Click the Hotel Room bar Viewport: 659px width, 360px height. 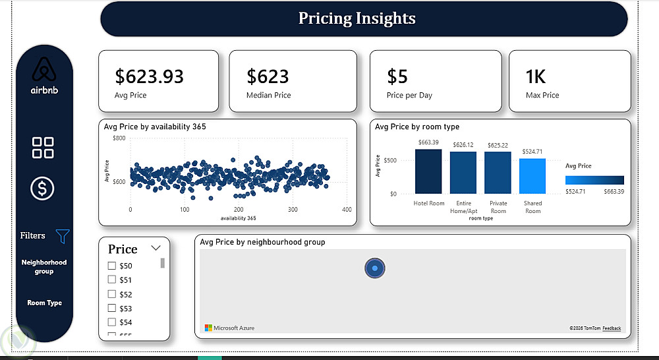pos(428,171)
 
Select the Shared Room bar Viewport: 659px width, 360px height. pos(532,176)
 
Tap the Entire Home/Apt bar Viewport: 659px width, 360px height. pos(463,173)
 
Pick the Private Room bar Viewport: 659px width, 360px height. pos(498,173)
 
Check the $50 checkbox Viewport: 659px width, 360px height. pos(111,266)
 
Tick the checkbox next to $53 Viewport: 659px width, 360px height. pos(111,308)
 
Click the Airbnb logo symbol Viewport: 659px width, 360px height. pos(44,70)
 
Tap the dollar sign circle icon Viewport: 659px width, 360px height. pos(43,189)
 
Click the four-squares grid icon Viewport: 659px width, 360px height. pos(43,148)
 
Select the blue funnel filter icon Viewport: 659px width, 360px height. pos(63,235)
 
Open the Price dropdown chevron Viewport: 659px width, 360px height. pos(156,248)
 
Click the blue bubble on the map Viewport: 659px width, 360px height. pos(374,268)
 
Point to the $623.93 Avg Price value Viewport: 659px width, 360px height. pos(149,77)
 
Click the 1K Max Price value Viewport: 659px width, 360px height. pos(535,77)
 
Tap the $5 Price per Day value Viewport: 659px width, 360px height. pos(397,77)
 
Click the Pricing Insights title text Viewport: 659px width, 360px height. pos(357,18)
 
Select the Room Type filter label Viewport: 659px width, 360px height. pos(44,303)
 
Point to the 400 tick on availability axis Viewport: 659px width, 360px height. pos(347,210)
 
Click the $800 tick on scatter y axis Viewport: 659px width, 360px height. pos(119,138)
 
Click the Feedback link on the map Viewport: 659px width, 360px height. pos(612,328)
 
